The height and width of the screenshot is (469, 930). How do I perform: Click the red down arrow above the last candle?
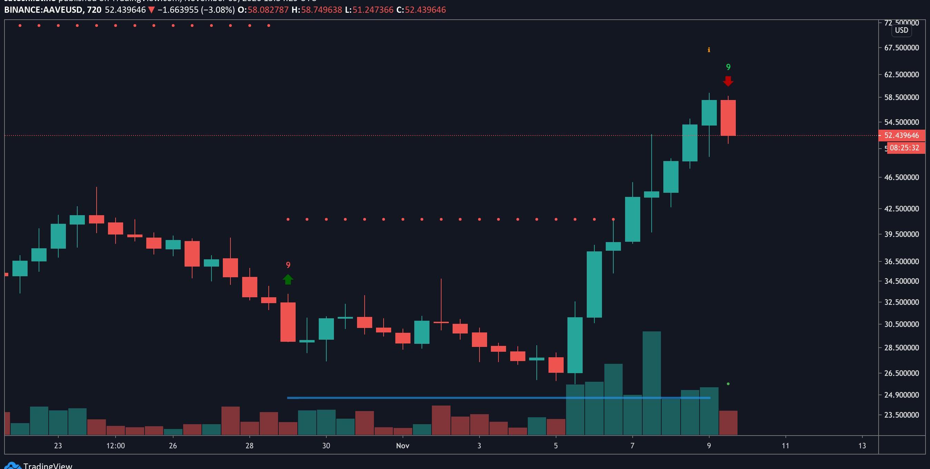pos(728,81)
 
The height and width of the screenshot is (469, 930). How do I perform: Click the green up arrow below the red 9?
pos(288,279)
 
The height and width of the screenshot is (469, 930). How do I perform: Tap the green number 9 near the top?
pos(728,67)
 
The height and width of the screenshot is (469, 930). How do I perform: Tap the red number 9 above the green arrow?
pos(288,265)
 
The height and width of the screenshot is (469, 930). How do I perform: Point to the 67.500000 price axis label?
pos(901,48)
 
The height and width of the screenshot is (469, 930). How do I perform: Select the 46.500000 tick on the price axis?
pos(901,177)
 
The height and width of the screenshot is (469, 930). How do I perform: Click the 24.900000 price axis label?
pos(901,395)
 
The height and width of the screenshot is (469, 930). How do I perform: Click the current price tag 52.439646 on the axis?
pos(901,136)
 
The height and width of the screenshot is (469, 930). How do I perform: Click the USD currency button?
pos(901,30)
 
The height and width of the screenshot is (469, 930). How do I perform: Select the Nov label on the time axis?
pos(403,446)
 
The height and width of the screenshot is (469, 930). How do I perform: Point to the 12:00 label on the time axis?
pos(116,446)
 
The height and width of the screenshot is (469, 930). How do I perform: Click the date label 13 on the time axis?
pos(862,446)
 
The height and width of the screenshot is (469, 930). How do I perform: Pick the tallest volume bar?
pos(652,383)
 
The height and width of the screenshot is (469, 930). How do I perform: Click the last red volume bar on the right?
pos(728,422)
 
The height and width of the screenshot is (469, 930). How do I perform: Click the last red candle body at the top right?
pos(728,118)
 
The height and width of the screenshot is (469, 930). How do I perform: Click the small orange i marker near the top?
pos(709,50)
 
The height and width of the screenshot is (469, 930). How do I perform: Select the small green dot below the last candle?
pos(728,384)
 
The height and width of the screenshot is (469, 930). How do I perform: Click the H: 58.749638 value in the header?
pos(321,10)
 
